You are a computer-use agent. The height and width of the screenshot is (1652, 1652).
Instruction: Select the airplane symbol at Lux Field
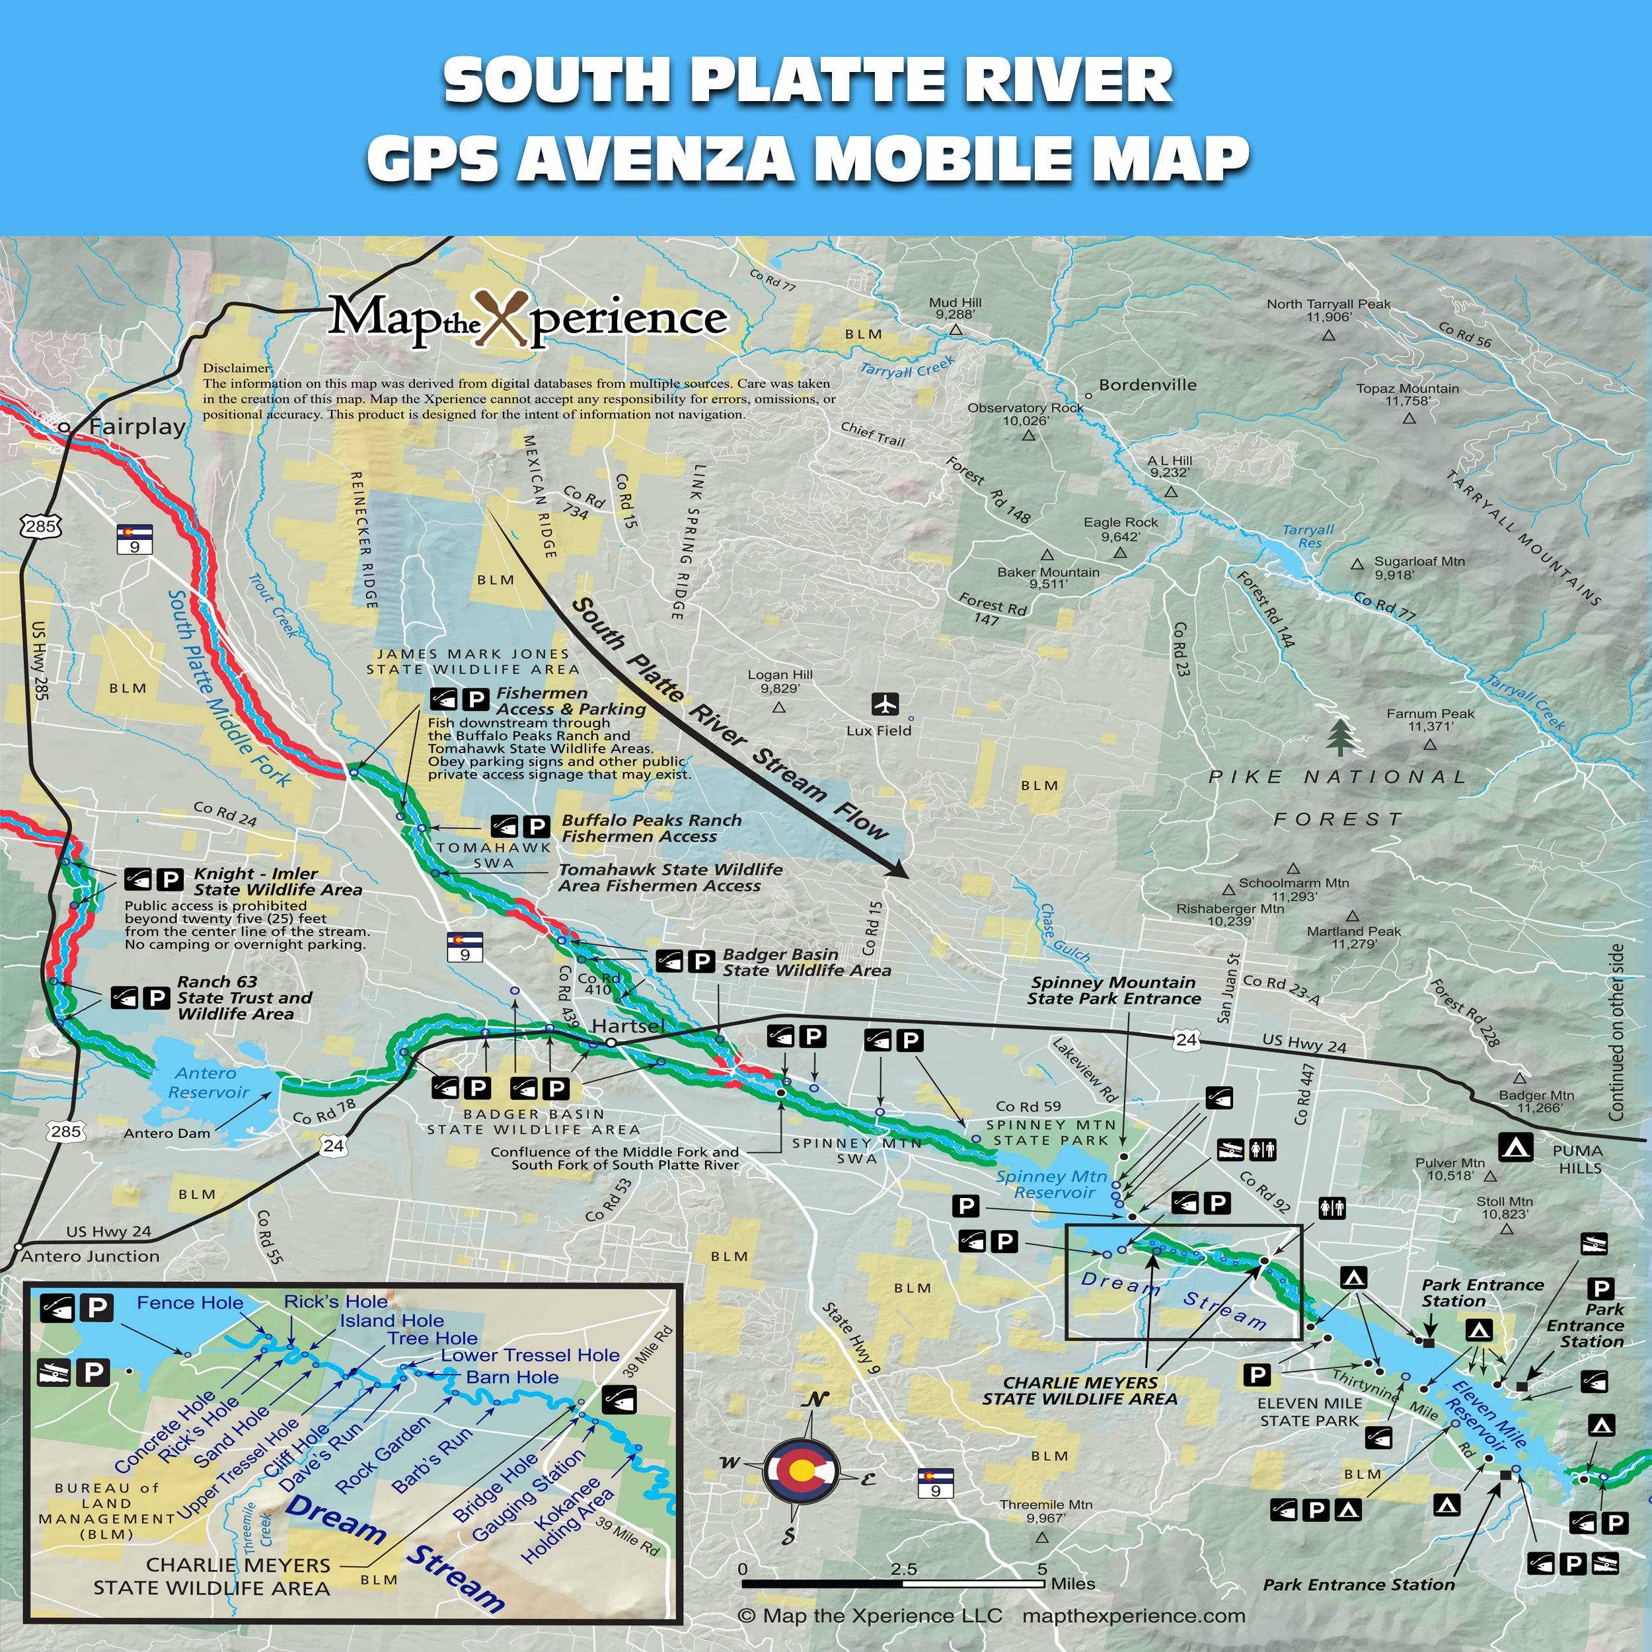[885, 704]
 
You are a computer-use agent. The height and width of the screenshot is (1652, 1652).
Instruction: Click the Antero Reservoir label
[207, 1082]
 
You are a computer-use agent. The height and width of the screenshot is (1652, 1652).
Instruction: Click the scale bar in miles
[893, 1583]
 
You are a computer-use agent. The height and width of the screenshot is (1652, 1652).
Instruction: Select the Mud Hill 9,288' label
[955, 308]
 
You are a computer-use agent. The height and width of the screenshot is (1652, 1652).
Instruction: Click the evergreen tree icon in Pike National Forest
[1341, 737]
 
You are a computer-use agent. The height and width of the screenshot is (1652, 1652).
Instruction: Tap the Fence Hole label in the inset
[190, 1302]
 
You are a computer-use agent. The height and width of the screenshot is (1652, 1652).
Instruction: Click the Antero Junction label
[90, 1256]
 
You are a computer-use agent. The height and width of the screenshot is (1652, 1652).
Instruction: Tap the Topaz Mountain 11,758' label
[1408, 394]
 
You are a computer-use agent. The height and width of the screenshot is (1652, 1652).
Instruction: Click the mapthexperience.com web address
[1133, 1615]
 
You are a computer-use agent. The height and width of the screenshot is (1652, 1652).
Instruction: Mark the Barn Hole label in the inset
[512, 1376]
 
